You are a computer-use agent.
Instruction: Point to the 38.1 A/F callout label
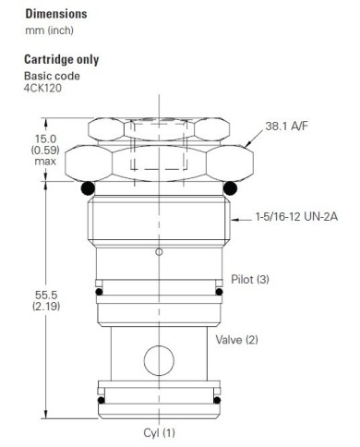pos(287,125)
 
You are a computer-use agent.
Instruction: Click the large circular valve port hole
pos(159,356)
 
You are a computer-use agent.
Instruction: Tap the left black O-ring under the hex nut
pos(87,189)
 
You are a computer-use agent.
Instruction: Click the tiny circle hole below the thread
pos(159,251)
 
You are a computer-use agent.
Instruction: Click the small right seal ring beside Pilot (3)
pos(220,293)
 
